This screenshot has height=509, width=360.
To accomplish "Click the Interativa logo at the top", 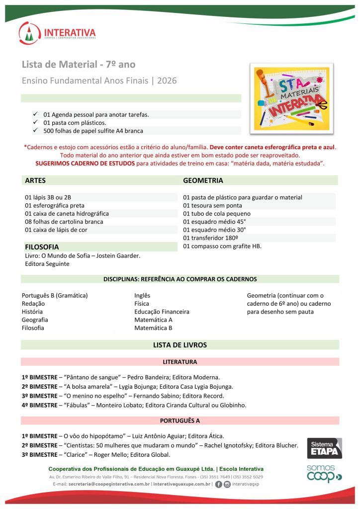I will tap(57, 33).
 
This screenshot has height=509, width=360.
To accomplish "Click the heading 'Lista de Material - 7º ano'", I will tap(79, 65).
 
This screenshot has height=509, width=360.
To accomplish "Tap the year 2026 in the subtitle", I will tap(167, 81).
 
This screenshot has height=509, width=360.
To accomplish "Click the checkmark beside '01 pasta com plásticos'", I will tap(35, 122).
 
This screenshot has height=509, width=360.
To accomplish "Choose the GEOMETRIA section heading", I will tap(203, 180).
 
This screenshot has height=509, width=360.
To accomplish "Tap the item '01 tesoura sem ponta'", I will tap(212, 205).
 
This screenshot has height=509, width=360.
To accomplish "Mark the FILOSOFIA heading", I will tap(42, 247).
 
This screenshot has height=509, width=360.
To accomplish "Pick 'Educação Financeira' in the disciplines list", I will tap(162, 312).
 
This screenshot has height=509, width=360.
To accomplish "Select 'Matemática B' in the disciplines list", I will tap(153, 328).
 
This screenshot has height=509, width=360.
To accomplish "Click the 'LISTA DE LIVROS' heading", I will tap(180, 345).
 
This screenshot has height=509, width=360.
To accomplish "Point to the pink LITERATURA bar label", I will tap(180, 362).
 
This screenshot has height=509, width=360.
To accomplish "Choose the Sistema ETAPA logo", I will tap(324, 448).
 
